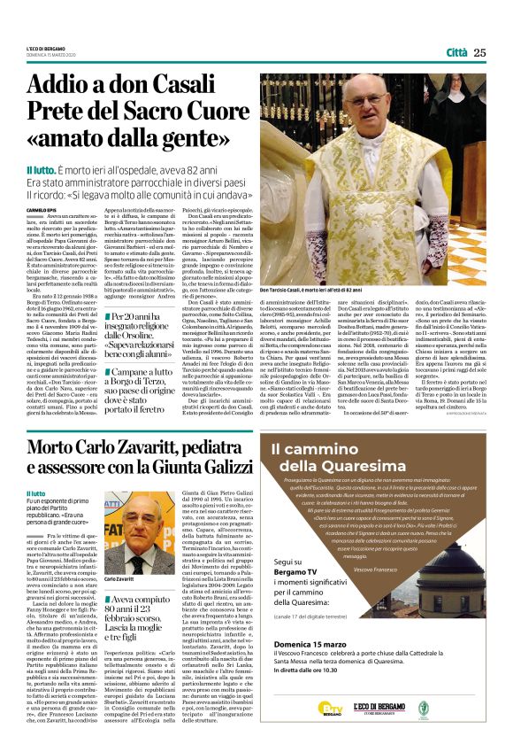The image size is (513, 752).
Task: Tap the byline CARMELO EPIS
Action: coord(42,209)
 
